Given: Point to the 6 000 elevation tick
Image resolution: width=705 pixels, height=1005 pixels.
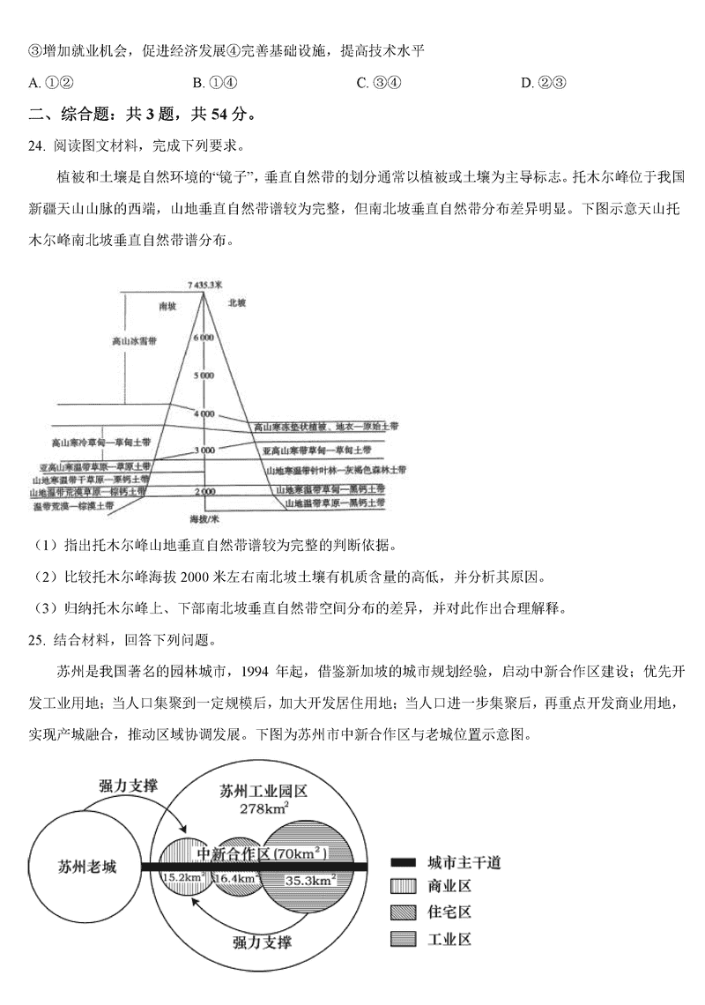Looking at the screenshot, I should pos(204,338).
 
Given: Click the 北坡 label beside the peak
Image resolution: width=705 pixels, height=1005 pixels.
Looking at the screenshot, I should pos(237,302).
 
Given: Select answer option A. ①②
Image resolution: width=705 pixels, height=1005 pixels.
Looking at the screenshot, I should pos(49,83).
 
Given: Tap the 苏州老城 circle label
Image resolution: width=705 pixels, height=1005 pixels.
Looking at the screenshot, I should pos(85,866).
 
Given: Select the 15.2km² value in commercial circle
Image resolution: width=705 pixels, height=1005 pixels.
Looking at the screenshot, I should pos(184,878).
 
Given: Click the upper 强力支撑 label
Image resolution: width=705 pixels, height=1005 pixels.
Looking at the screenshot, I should pos(129,785).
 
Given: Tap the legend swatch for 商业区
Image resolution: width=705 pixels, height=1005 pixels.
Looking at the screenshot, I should pos(403,888).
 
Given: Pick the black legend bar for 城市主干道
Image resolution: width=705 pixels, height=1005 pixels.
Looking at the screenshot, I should pos(403,862).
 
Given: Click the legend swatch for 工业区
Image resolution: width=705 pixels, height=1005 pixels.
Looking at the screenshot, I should pos(403,939).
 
